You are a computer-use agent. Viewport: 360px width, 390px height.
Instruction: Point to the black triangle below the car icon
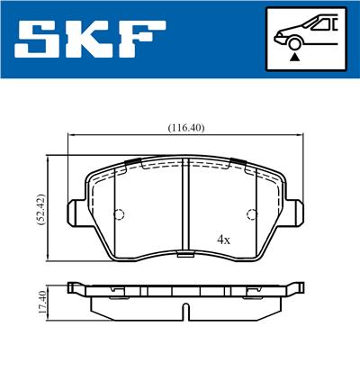click(293, 57)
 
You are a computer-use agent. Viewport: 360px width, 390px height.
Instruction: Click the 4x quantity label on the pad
click(224, 240)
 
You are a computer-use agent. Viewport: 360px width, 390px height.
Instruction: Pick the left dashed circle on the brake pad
click(119, 214)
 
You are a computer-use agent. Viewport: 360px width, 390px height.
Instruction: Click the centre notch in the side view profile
click(185, 311)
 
